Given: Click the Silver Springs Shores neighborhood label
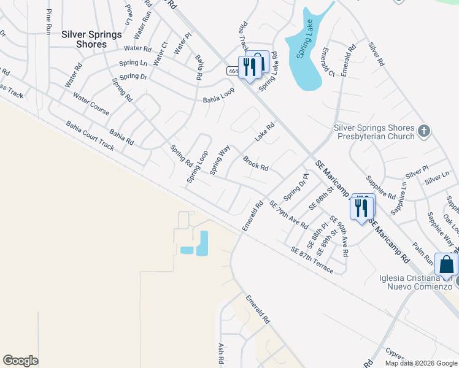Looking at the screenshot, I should pos(91,39).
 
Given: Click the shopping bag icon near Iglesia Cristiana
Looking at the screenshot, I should pos(446,264).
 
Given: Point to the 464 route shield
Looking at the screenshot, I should pos(233,71).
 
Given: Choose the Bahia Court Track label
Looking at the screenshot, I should pos(90,135).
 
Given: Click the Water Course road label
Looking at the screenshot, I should pos(91,104).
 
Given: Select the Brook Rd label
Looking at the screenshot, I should pos(255,163).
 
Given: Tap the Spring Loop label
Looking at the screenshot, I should pos(198,166).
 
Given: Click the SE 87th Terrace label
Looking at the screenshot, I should pos(312,260).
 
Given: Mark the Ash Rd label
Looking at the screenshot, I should pos(220,355).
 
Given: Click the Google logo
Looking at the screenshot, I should pos(20,361).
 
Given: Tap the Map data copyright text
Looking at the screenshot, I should pos(420,363).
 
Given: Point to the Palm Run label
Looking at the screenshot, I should pos(423,252).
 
